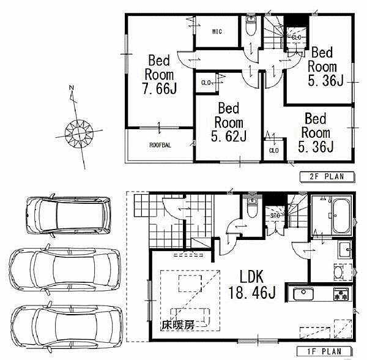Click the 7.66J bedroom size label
click(x=160, y=89)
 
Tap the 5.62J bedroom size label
click(x=229, y=136)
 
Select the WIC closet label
click(x=217, y=32)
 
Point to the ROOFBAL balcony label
click(x=160, y=145)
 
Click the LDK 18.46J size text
click(x=252, y=284)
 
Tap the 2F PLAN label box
click(x=327, y=176)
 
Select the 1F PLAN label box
click(x=324, y=351)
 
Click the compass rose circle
click(x=79, y=133)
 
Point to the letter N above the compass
click(x=72, y=88)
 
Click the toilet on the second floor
click(x=251, y=26)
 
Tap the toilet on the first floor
click(x=252, y=208)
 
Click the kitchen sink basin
click(x=303, y=294)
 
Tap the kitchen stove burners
click(x=341, y=294)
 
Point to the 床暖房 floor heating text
click(x=178, y=325)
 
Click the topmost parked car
click(x=69, y=216)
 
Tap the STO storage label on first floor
click(x=275, y=216)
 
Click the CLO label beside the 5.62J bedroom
click(x=206, y=83)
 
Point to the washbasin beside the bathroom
click(x=344, y=249)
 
